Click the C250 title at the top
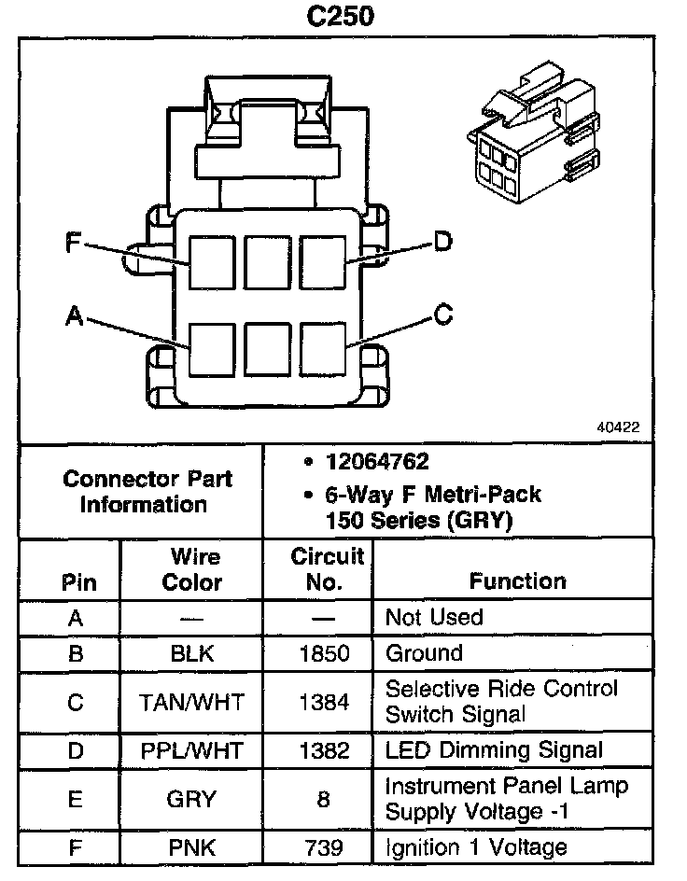(x=343, y=18)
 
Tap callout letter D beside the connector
(x=442, y=243)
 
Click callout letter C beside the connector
(x=443, y=315)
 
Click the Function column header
(x=517, y=581)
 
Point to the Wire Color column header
(x=193, y=570)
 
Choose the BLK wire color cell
(x=192, y=653)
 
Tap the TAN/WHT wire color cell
(x=192, y=702)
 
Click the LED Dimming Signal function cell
(x=494, y=750)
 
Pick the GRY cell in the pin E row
(x=192, y=799)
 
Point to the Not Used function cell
(x=434, y=618)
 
